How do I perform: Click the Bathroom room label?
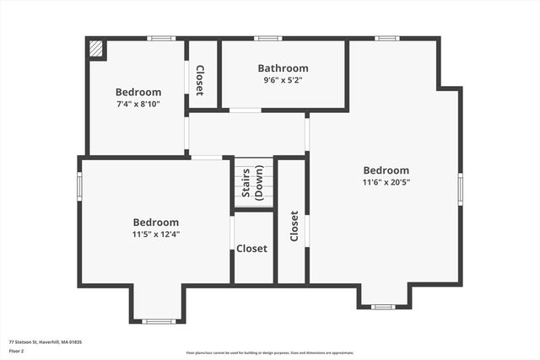pos(283,68)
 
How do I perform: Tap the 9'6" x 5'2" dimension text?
pos(283,80)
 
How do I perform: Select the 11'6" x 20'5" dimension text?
pos(386,181)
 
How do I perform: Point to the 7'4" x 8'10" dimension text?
pos(138,104)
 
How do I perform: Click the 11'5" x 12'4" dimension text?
pos(155,234)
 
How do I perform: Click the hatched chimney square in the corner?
pos(97,50)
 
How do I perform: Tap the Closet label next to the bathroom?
pos(199,79)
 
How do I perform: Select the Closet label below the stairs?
pos(251,249)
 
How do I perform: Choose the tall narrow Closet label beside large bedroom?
pos(294,226)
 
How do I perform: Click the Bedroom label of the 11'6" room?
pos(386,169)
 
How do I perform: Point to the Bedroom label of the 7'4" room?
pos(138,92)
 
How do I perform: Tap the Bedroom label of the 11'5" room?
pos(155,223)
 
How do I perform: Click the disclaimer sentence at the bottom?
pos(270,353)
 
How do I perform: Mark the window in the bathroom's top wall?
pos(268,38)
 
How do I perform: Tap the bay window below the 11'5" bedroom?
pos(158,320)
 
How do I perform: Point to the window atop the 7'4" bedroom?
pos(160,38)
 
